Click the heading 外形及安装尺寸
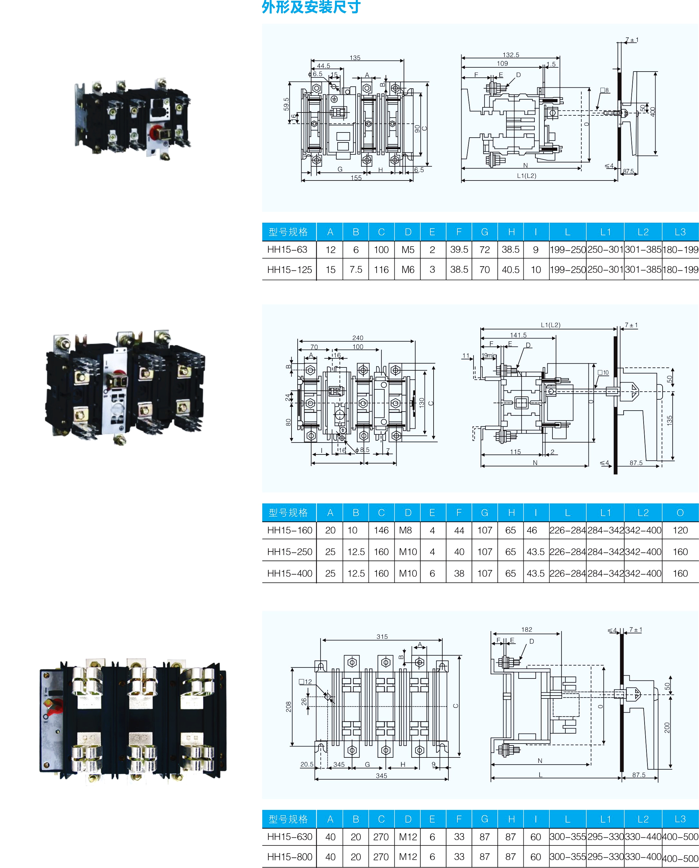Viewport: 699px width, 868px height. (x=311, y=7)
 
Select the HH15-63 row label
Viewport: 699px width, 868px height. (x=287, y=250)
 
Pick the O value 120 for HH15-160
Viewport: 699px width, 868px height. (x=680, y=531)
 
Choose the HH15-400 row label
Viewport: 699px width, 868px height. (x=290, y=574)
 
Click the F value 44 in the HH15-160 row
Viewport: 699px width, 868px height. (x=459, y=531)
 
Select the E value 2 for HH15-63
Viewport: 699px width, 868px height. (x=432, y=250)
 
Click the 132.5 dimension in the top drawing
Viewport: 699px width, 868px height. (x=511, y=55)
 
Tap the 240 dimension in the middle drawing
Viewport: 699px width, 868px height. (x=358, y=338)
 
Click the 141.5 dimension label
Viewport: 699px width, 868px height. (x=518, y=335)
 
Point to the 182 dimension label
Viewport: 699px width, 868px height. (x=527, y=629)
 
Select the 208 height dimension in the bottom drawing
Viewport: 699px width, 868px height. (x=289, y=707)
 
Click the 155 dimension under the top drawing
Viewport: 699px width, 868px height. (x=356, y=178)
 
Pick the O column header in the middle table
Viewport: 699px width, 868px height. (x=680, y=513)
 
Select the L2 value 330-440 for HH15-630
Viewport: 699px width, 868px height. (x=643, y=837)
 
